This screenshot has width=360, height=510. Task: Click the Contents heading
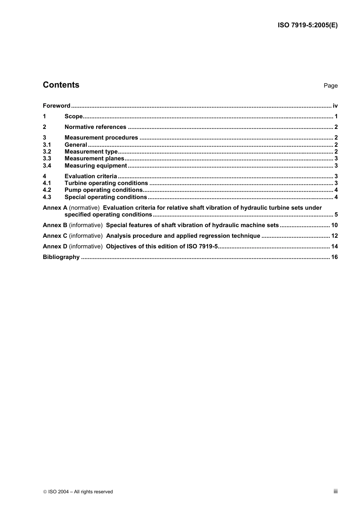(61, 85)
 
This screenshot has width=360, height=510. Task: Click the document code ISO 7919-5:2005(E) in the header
(307, 25)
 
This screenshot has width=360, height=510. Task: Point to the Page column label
(330, 86)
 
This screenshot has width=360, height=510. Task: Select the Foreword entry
(56, 106)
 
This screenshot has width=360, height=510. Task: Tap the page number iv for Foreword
(335, 106)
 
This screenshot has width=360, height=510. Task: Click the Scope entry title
(74, 116)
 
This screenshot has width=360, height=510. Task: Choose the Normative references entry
(95, 127)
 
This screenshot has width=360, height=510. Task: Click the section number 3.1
(47, 145)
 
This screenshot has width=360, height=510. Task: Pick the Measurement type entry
(91, 152)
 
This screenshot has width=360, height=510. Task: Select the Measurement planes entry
(94, 158)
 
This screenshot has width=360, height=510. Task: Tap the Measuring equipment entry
(95, 166)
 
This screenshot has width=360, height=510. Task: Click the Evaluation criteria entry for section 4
(91, 176)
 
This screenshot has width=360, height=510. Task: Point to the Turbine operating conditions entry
(106, 183)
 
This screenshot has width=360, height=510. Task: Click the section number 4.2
(47, 190)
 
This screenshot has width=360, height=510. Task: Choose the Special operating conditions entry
(106, 197)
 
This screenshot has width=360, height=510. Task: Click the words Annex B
(55, 225)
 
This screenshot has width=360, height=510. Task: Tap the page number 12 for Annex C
(334, 236)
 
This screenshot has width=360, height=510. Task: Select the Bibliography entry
(61, 257)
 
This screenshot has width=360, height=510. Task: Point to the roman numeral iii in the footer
(335, 491)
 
